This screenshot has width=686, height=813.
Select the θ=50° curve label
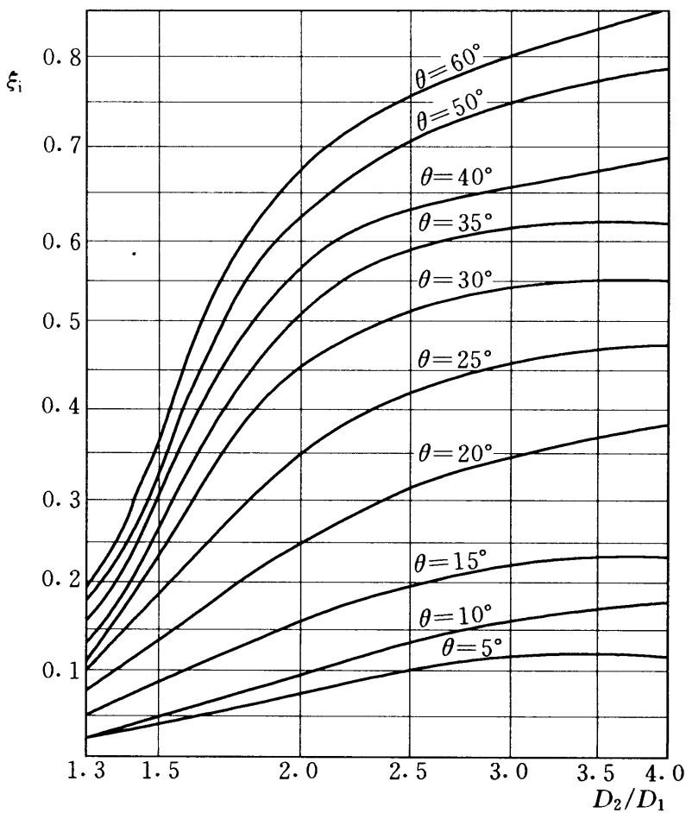tap(450, 110)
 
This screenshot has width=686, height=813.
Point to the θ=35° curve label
tap(454, 223)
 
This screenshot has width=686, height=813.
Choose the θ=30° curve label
tap(454, 279)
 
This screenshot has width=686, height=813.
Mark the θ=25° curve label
tap(454, 359)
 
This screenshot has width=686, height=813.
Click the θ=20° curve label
tap(454, 454)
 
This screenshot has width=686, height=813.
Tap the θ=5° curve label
tap(472, 647)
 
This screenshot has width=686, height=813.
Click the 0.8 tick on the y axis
tap(60, 58)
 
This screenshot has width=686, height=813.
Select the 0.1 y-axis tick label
tap(60, 671)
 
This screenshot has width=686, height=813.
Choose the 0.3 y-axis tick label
tap(60, 501)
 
